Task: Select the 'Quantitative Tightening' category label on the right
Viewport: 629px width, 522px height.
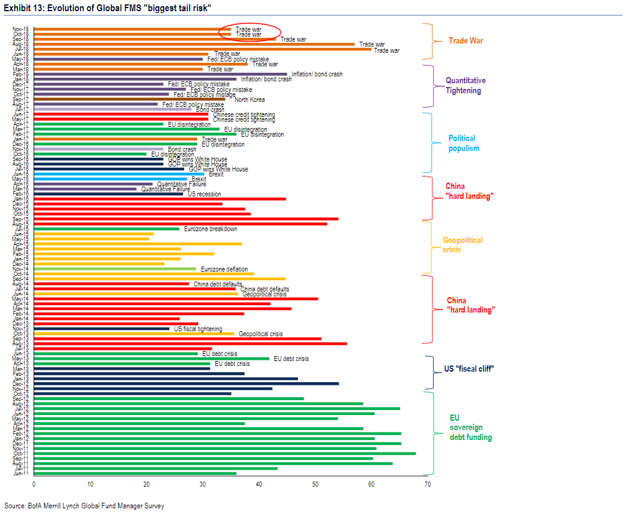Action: (x=465, y=86)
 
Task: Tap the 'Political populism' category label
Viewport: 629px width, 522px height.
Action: (x=464, y=144)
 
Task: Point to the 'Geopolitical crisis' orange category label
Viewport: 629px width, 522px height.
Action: (x=462, y=245)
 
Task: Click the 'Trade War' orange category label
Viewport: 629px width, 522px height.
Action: (x=466, y=41)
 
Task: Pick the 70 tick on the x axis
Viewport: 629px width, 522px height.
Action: (x=427, y=483)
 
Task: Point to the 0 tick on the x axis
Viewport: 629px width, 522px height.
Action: (x=34, y=483)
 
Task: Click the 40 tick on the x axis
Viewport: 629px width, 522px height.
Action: (x=259, y=483)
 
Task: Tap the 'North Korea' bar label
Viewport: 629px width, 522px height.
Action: (x=249, y=99)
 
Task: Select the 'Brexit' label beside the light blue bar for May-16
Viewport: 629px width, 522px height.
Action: (x=198, y=180)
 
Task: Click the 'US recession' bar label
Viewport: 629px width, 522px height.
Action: (x=204, y=195)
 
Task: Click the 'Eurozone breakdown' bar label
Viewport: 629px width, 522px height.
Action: (x=210, y=229)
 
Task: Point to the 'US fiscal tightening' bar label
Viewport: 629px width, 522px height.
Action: (x=198, y=329)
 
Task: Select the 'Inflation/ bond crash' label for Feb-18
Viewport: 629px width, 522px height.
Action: (x=317, y=75)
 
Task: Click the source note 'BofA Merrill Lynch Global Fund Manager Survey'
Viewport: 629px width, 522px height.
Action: (x=84, y=506)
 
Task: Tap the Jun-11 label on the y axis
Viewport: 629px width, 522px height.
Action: (x=21, y=474)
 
